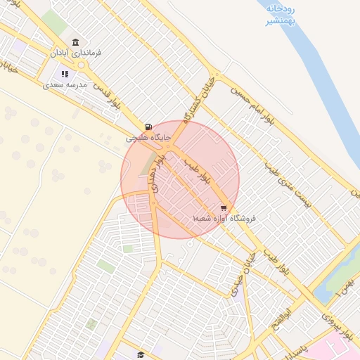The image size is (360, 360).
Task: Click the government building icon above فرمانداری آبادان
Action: (75, 42)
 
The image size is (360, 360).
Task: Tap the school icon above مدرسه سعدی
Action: (65, 74)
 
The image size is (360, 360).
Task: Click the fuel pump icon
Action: (148, 127)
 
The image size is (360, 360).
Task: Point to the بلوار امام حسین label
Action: (253, 103)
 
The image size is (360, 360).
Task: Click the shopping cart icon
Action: (224, 208)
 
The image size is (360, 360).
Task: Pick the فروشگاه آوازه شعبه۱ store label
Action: (224, 219)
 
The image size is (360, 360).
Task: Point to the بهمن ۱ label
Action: (342, 287)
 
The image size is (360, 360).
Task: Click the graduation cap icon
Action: (140, 354)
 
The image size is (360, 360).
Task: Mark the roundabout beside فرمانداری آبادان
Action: (82, 65)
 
